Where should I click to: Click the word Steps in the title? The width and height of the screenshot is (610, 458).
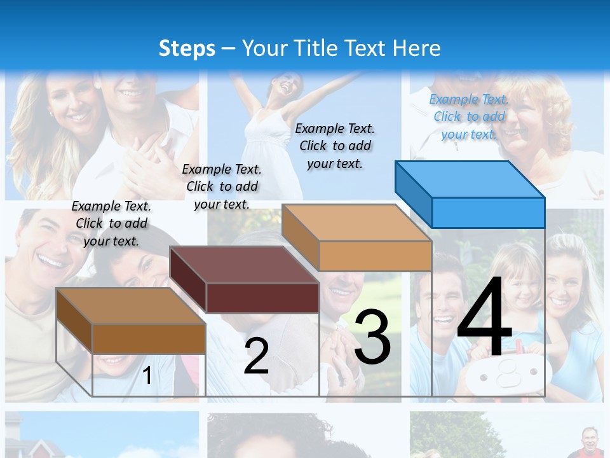pyautogui.click(x=186, y=48)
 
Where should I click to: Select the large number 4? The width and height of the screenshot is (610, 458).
pyautogui.click(x=484, y=318)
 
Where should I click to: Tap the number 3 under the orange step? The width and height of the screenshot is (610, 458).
pyautogui.click(x=372, y=337)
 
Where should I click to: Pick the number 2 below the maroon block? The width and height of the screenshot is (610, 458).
pyautogui.click(x=256, y=356)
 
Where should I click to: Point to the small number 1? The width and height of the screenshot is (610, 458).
pyautogui.click(x=147, y=376)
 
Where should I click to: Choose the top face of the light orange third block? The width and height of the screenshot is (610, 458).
pyautogui.click(x=356, y=223)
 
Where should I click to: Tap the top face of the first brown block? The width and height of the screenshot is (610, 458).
pyautogui.click(x=131, y=306)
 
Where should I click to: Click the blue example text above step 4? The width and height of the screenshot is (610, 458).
pyautogui.click(x=469, y=116)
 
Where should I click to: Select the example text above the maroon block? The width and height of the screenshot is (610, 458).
pyautogui.click(x=222, y=186)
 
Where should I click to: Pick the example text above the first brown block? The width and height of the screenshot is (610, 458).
pyautogui.click(x=111, y=223)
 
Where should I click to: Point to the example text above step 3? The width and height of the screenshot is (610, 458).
pyautogui.click(x=335, y=146)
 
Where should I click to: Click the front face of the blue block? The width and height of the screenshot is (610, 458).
pyautogui.click(x=488, y=212)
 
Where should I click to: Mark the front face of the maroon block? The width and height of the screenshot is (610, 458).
pyautogui.click(x=262, y=298)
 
